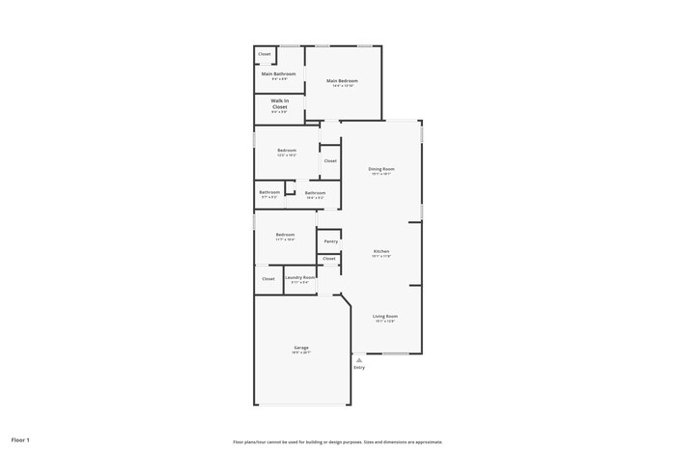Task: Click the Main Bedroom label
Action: point(342,81)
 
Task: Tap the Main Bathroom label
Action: point(278,74)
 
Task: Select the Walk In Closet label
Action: point(279,103)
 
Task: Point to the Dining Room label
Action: point(381,169)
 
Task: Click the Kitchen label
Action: point(381,251)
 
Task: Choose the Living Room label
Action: point(385,316)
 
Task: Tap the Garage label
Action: point(301,348)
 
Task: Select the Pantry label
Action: point(330,241)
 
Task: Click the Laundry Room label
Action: point(299,277)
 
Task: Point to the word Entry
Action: point(359,368)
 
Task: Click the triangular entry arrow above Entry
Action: point(359,360)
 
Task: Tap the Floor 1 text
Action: point(20,440)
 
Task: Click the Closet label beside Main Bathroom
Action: point(265,54)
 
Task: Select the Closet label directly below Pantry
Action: point(329,259)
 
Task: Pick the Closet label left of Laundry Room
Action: point(268,279)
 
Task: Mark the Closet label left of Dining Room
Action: point(330,161)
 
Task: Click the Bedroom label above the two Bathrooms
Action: point(287,150)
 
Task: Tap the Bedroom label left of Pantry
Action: point(285,235)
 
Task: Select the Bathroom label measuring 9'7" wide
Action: point(268,192)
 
